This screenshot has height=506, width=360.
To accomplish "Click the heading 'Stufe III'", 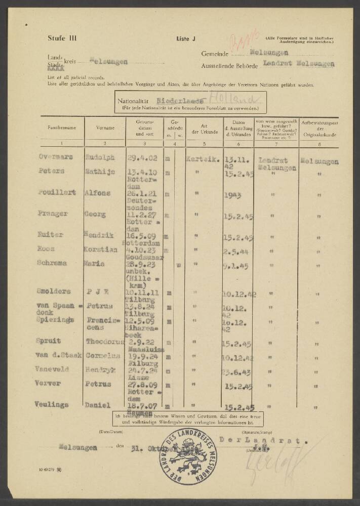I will click(x=59, y=38).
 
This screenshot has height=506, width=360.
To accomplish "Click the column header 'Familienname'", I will click(x=62, y=128).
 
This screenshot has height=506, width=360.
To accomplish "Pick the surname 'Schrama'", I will click(x=53, y=263).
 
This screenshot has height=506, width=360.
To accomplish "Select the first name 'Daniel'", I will click(x=98, y=405).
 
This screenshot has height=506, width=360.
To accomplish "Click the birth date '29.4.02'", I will click(x=140, y=158).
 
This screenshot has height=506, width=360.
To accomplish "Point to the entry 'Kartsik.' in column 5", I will click(x=203, y=158).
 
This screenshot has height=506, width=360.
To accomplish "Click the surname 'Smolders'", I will click(x=54, y=291).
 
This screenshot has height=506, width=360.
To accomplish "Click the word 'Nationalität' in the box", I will click(x=135, y=101).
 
